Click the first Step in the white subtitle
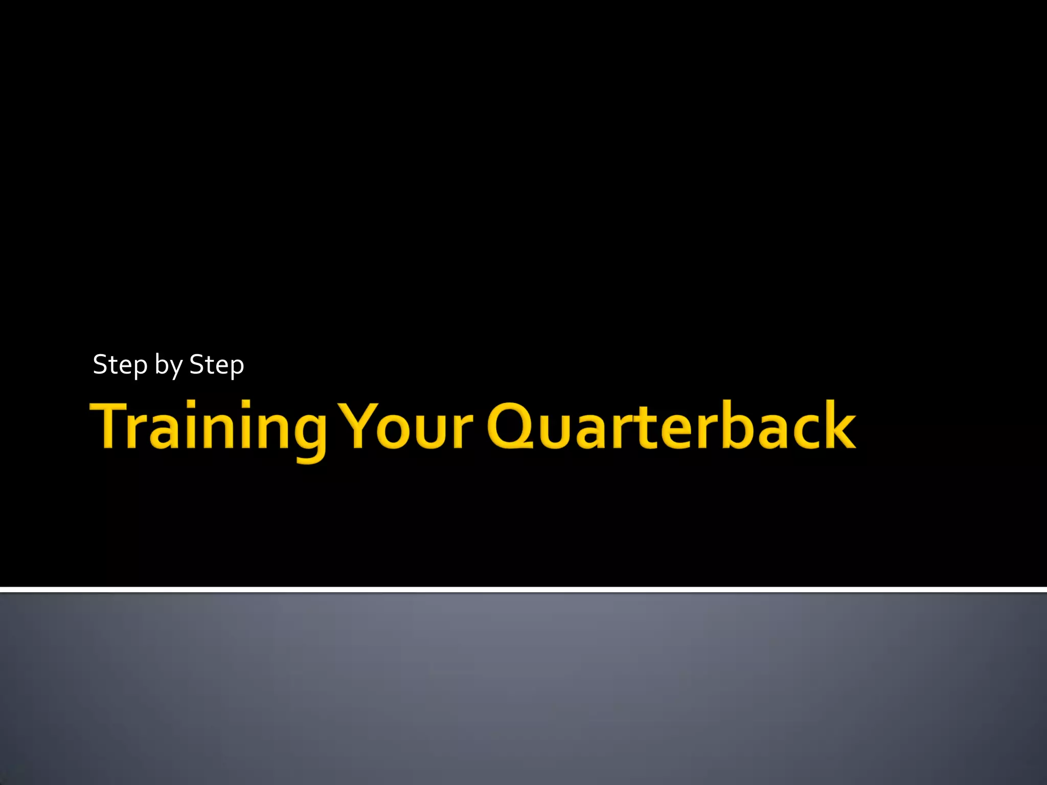tap(120, 365)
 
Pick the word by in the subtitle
tap(169, 365)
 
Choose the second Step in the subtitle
tap(217, 365)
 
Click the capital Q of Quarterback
tap(511, 425)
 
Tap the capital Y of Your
tap(360, 425)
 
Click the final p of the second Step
tap(236, 368)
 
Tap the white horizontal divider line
tap(523, 590)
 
